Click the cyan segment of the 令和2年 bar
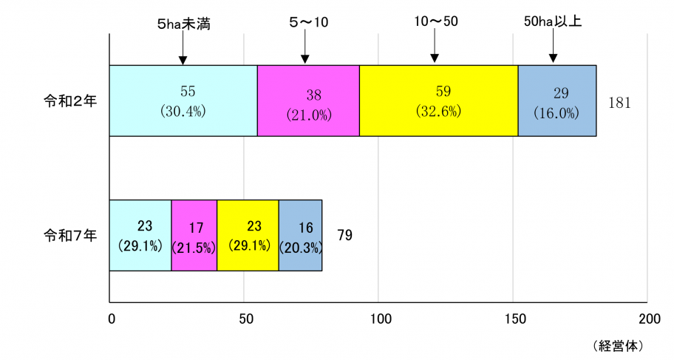pyautogui.click(x=183, y=101)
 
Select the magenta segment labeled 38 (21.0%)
pyautogui.click(x=308, y=101)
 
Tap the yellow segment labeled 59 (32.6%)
pyautogui.click(x=438, y=101)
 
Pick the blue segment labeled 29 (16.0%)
pyautogui.click(x=557, y=101)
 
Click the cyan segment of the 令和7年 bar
pyautogui.click(x=140, y=235)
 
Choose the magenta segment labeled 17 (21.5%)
pyautogui.click(x=194, y=235)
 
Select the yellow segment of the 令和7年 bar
pyautogui.click(x=248, y=235)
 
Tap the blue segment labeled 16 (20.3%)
pyautogui.click(x=300, y=235)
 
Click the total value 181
pyautogui.click(x=619, y=103)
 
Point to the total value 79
pyautogui.click(x=344, y=236)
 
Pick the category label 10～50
pyautogui.click(x=436, y=21)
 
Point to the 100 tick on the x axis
pyautogui.click(x=378, y=319)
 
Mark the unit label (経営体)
pyautogui.click(x=619, y=345)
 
